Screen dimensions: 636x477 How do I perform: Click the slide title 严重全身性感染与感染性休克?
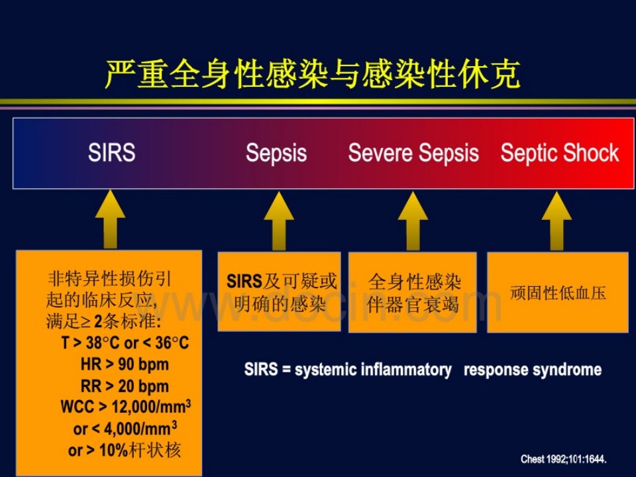click(312, 74)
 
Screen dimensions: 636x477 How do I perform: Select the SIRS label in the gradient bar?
click(111, 152)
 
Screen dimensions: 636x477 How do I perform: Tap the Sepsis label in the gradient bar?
click(276, 153)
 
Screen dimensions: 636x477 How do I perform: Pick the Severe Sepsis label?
click(413, 153)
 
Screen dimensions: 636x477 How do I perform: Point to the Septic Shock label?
click(560, 153)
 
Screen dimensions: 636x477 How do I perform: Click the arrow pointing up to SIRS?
click(111, 219)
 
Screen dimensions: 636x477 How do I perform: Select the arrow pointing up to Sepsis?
click(279, 221)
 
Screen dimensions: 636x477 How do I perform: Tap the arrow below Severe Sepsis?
click(413, 221)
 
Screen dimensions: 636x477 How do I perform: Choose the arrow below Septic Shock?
click(557, 221)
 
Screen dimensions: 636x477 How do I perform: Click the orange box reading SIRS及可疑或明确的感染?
click(279, 291)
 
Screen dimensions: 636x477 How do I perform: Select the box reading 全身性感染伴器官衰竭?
click(413, 292)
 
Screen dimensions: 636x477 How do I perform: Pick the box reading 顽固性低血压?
click(558, 292)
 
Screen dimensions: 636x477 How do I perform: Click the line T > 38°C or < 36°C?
click(125, 343)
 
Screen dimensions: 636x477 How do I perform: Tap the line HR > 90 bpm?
click(125, 364)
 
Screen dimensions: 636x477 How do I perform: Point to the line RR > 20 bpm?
click(125, 386)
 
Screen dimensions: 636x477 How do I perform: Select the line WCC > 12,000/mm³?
click(126, 406)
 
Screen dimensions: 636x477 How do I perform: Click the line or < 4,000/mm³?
click(125, 429)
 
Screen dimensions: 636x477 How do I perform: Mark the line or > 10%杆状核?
click(125, 450)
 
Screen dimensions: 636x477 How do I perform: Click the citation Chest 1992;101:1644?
click(564, 459)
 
